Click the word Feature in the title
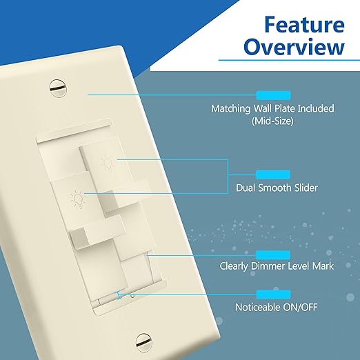coord(304,26)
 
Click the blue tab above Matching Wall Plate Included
coord(273,95)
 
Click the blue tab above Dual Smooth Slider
coord(273,174)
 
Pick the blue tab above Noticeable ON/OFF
coord(273,294)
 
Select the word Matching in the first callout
coord(232,109)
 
